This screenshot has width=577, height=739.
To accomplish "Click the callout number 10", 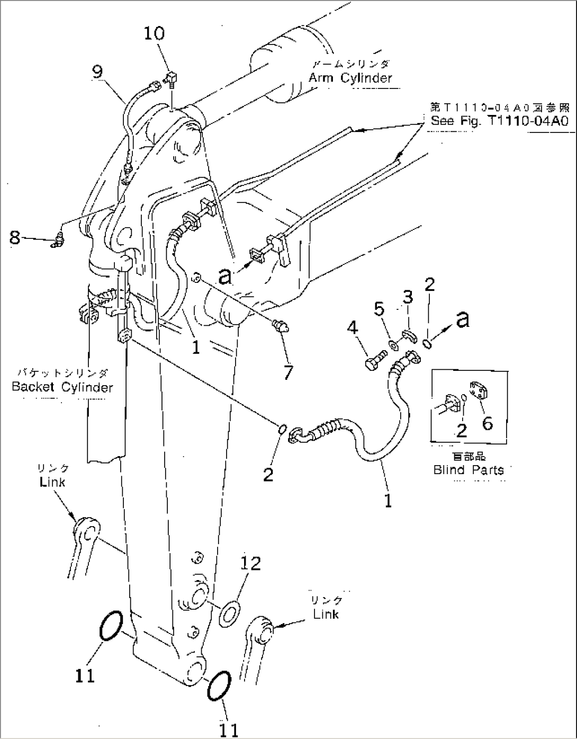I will coord(154,33).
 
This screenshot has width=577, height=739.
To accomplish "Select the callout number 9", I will coord(97,71).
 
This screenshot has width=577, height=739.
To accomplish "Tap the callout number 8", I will coord(15,238).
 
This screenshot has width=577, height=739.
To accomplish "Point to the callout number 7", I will coord(288,372).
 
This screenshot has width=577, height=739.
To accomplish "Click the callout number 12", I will coord(251,563).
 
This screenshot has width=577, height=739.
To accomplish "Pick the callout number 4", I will coord(353,330).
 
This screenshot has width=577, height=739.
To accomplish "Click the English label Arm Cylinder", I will coord(350,78).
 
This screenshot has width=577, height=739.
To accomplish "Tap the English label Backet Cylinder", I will coord(62,387).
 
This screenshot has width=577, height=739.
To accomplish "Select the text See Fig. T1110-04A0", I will coord(499,121).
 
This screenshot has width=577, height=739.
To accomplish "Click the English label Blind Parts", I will coord(468,470).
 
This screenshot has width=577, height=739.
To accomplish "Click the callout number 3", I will coord(407,298).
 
